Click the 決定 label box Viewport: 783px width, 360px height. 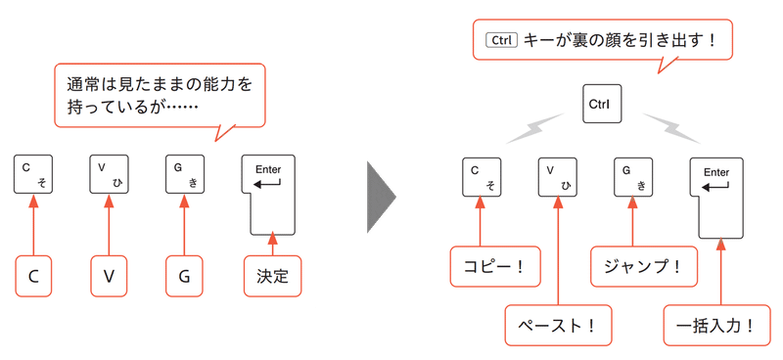(x=272, y=276)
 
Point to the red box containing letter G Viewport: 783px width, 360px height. (x=184, y=276)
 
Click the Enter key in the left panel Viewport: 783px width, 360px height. (x=269, y=191)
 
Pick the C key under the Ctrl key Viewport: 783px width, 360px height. (x=482, y=175)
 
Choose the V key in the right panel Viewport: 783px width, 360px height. (x=557, y=175)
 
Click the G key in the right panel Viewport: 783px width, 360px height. (x=633, y=175)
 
